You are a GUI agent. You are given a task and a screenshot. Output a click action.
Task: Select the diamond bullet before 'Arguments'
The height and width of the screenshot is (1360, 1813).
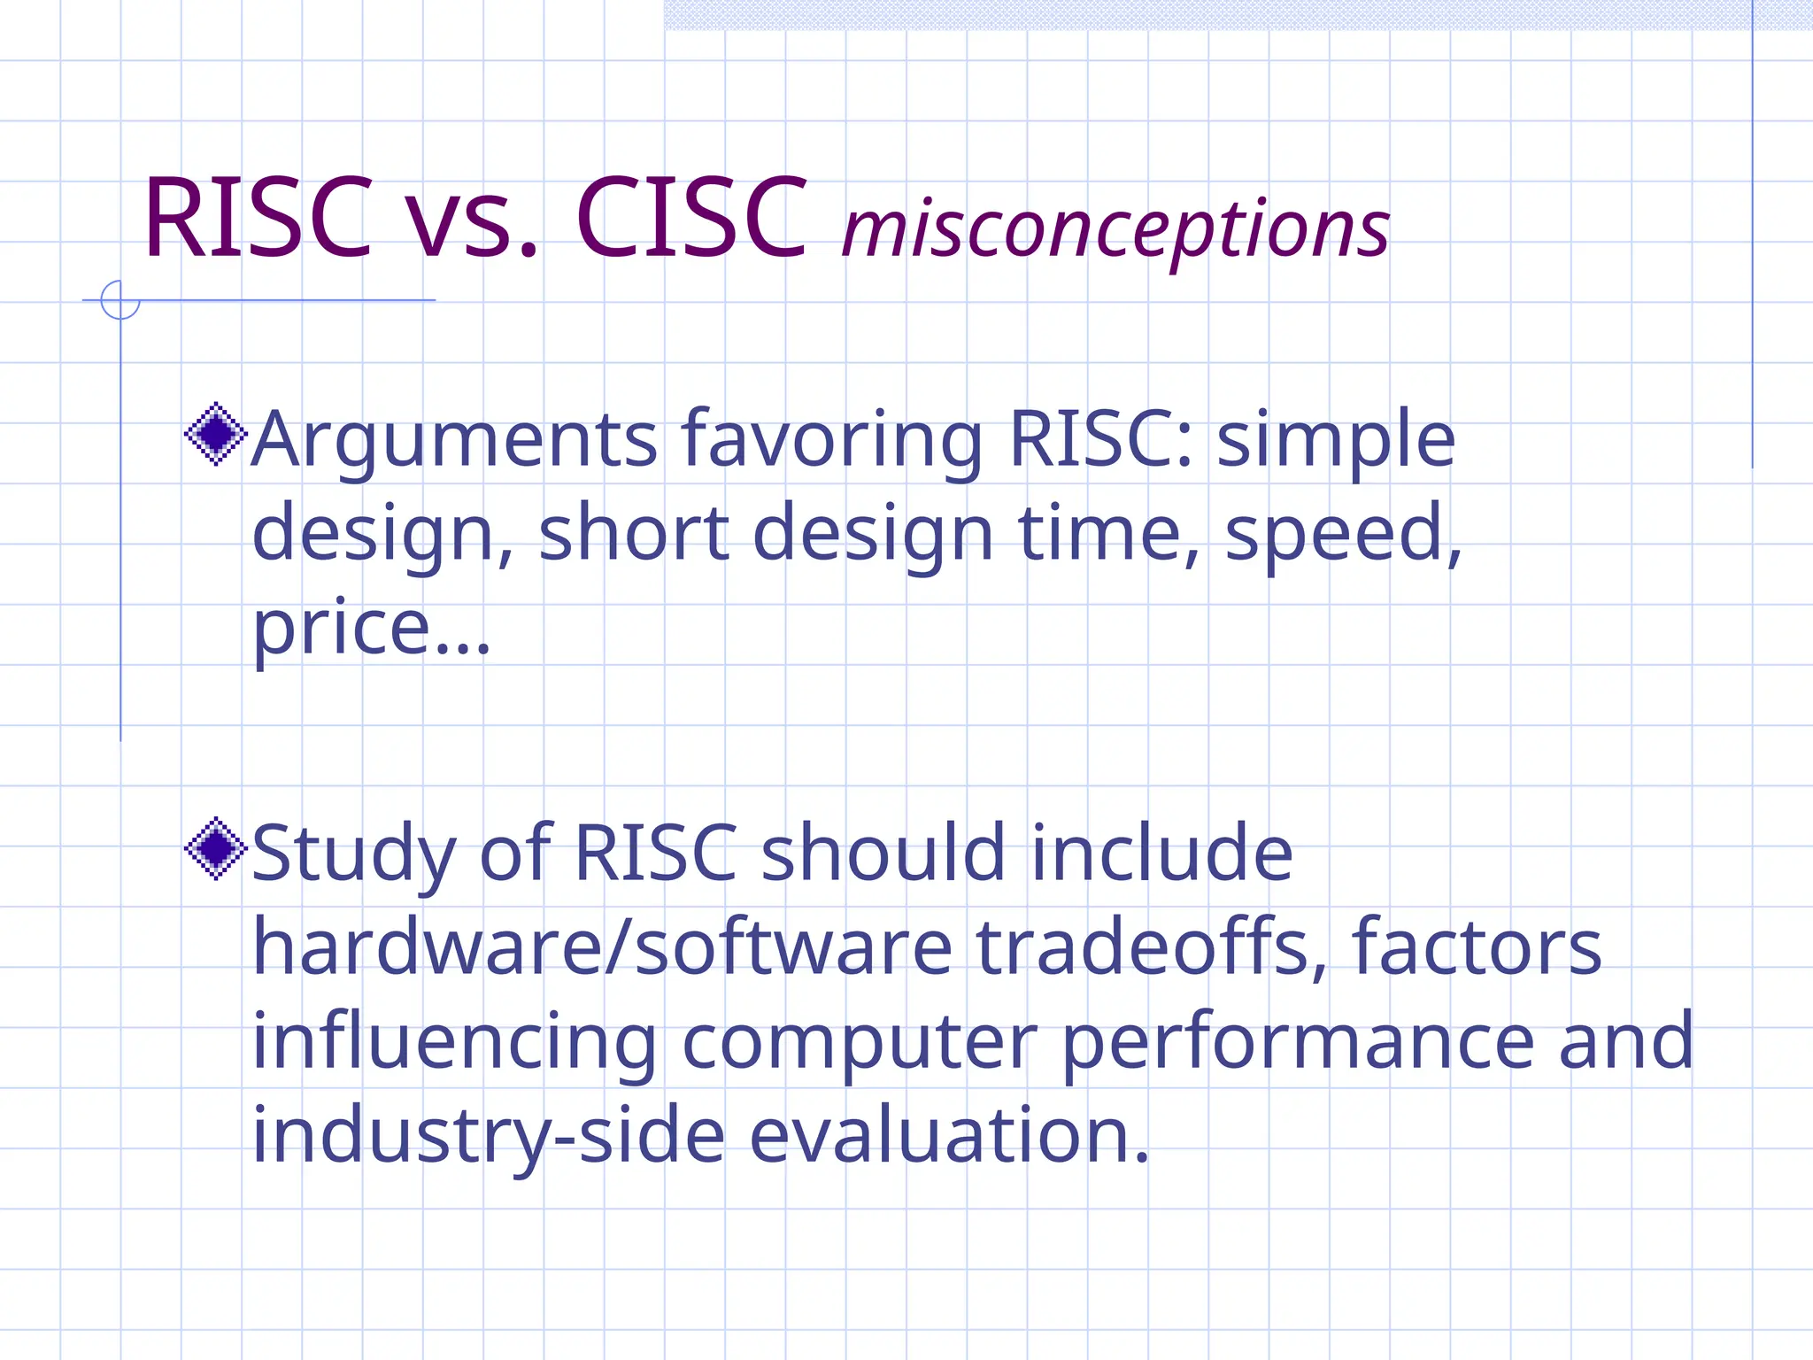[x=215, y=434]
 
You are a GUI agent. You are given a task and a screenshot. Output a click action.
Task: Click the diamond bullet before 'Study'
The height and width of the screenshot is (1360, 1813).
[x=215, y=848]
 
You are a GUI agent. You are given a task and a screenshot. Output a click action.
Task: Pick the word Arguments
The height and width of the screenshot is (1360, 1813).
[x=454, y=439]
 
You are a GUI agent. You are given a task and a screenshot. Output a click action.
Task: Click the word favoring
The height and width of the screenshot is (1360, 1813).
[x=832, y=439]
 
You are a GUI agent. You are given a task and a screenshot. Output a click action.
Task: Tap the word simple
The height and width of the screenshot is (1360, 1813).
[x=1336, y=441]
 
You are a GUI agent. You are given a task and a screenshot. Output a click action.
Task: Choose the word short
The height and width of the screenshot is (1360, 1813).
[x=634, y=533]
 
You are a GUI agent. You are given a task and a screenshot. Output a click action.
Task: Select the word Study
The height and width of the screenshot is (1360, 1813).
[x=353, y=855]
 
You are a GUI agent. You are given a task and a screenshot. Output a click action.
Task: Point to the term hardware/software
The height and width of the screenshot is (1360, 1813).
[x=602, y=947]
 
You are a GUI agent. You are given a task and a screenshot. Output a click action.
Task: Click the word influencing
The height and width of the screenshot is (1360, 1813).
[x=454, y=1043]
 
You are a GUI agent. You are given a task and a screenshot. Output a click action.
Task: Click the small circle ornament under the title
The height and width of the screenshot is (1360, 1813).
[x=120, y=300]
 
